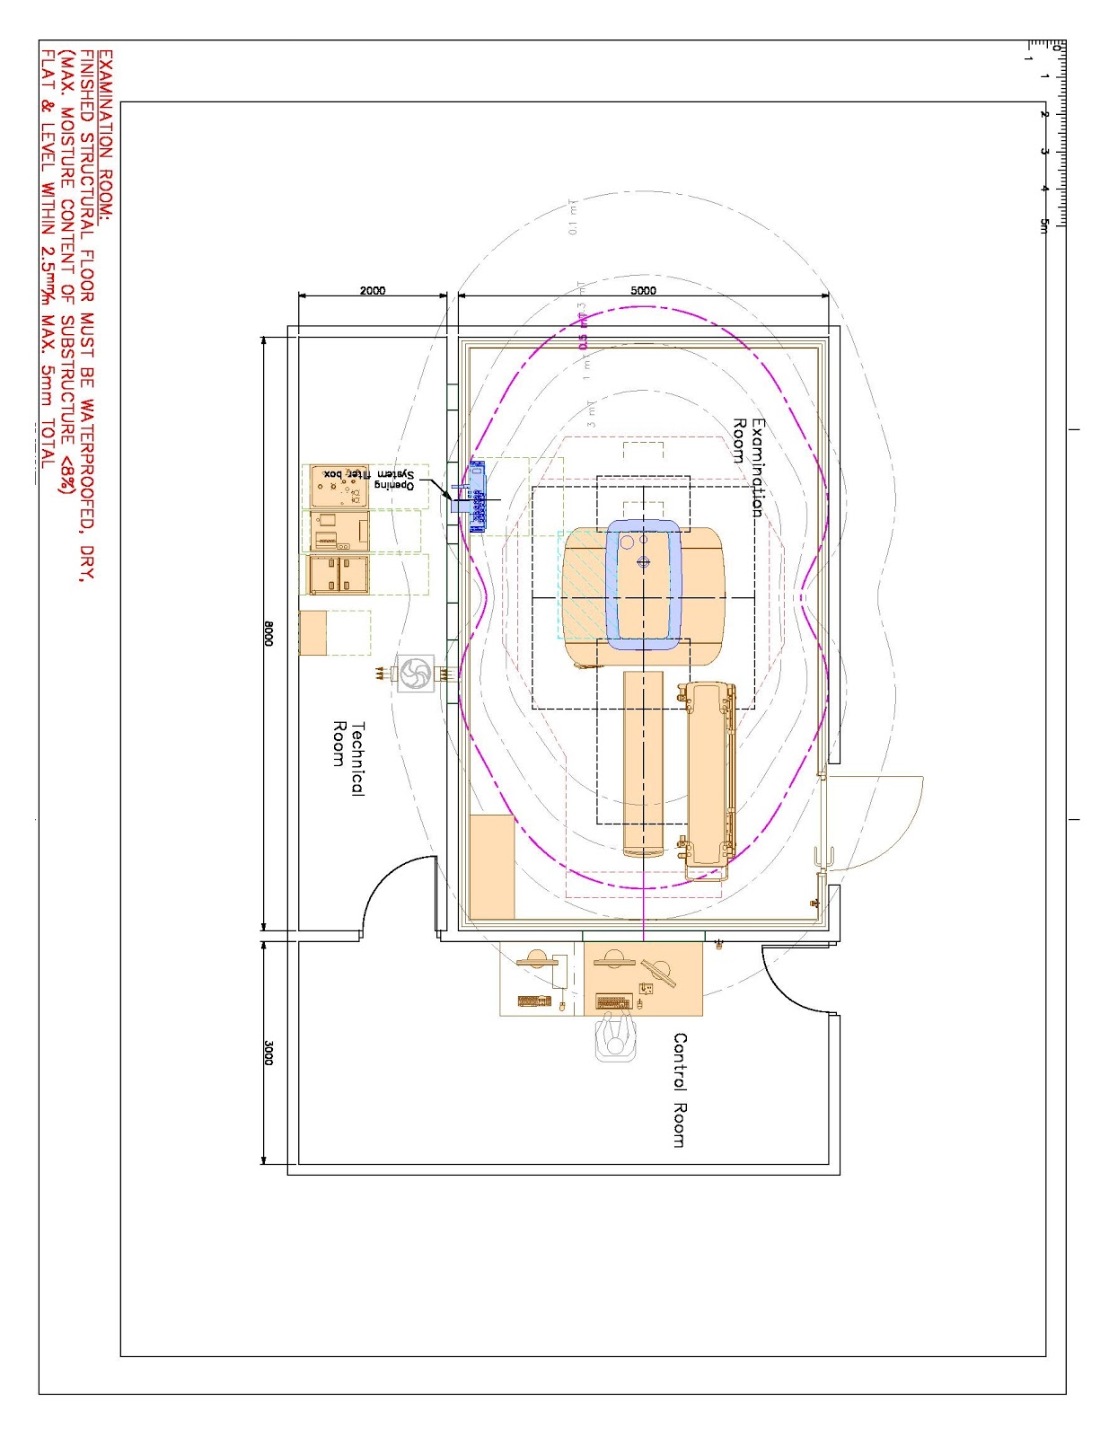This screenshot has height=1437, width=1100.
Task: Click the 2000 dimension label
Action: (373, 290)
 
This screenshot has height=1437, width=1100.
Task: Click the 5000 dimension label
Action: (643, 290)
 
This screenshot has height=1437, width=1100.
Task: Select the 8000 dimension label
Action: (268, 634)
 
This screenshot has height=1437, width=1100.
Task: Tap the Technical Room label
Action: (348, 758)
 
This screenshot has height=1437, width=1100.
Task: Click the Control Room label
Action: (680, 1089)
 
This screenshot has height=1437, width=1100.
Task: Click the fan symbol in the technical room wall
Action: (415, 674)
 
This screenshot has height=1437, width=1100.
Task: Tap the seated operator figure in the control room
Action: (615, 1038)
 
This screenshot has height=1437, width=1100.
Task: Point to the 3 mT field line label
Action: (591, 413)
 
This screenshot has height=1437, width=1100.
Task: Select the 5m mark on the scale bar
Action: (1044, 225)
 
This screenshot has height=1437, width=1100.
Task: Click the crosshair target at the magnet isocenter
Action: (643, 562)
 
